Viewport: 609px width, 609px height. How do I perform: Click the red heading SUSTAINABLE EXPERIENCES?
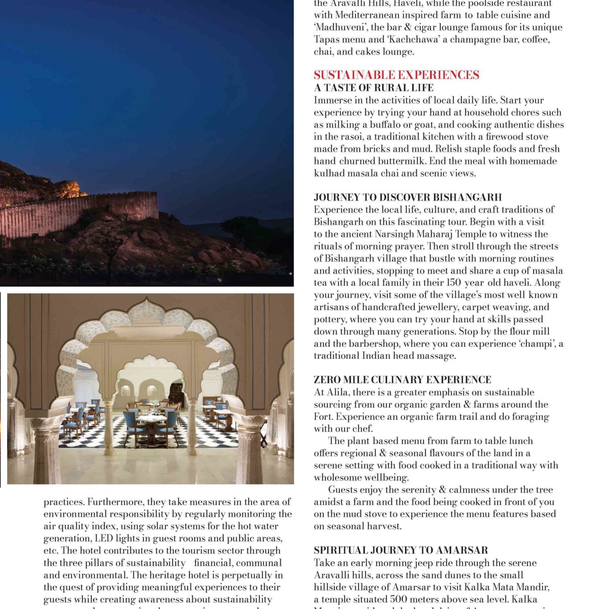396,75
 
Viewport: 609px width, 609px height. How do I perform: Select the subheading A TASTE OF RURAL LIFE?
374,88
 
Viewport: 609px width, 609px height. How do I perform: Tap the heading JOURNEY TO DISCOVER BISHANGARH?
408,197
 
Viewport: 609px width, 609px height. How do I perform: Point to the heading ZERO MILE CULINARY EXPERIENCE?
402,380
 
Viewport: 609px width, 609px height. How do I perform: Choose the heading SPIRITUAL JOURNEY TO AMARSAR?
401,550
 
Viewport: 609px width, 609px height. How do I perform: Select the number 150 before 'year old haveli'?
453,283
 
